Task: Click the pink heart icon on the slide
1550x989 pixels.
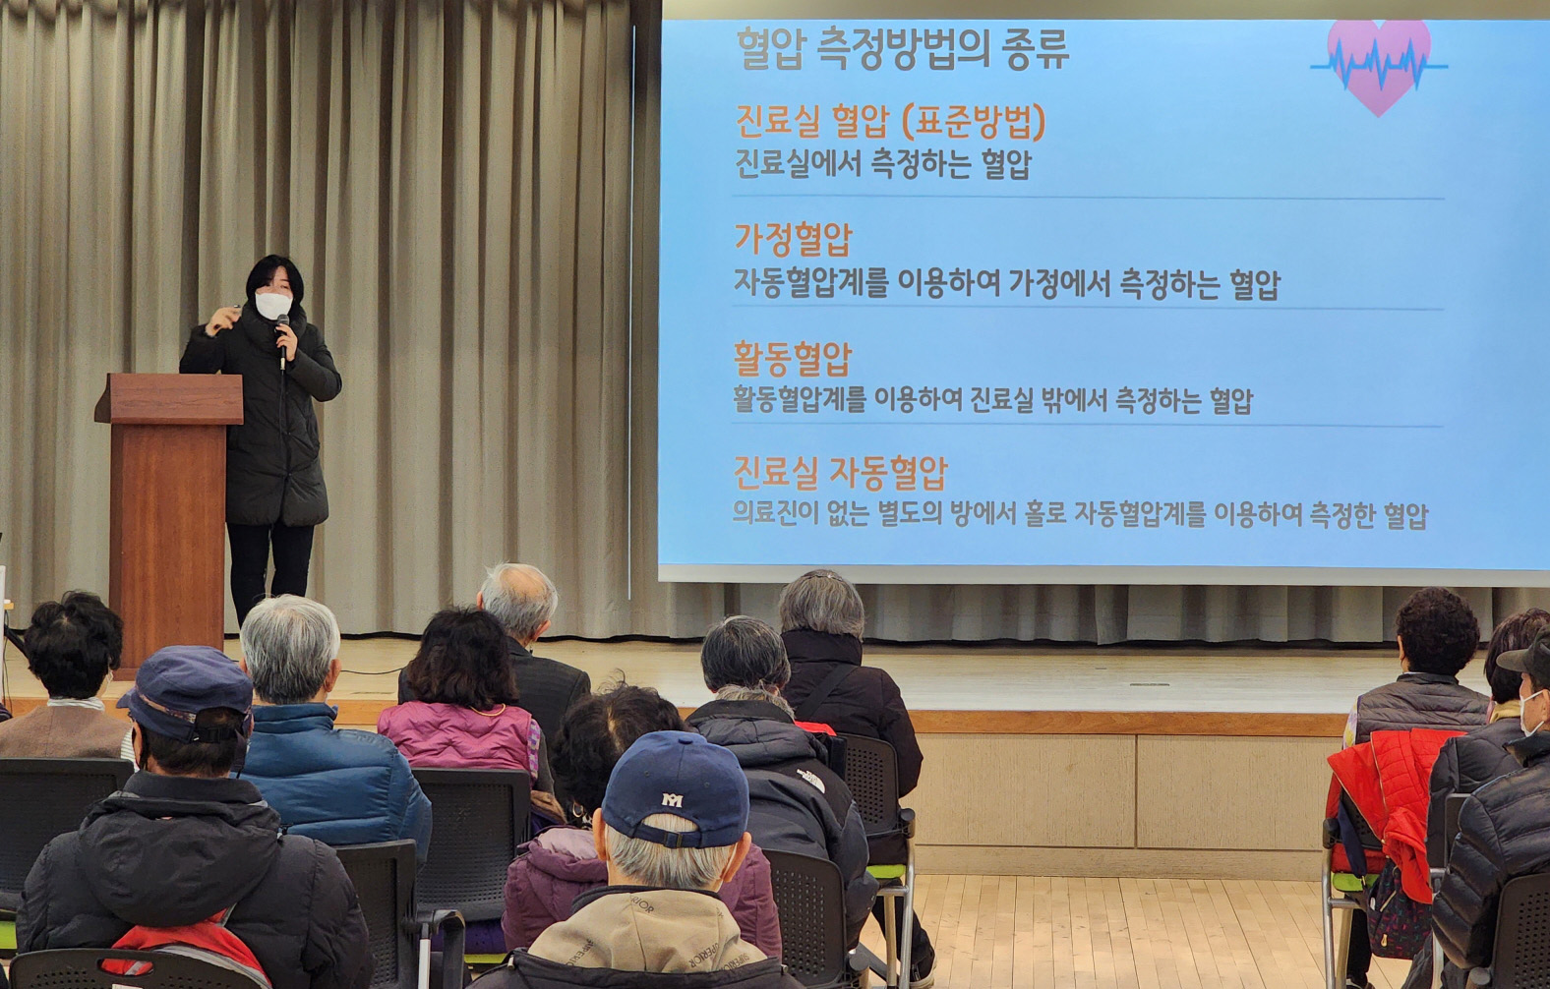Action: (x=1379, y=66)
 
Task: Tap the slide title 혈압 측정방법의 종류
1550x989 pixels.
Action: (x=903, y=49)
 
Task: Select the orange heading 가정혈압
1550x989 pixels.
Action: (x=793, y=239)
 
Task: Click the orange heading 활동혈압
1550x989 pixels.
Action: (x=793, y=359)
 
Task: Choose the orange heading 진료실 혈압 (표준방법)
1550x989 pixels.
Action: (x=890, y=123)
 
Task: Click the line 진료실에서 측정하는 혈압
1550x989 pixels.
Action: (x=883, y=164)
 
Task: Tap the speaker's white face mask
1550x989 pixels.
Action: (x=274, y=305)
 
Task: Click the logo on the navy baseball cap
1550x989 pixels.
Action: (x=672, y=800)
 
